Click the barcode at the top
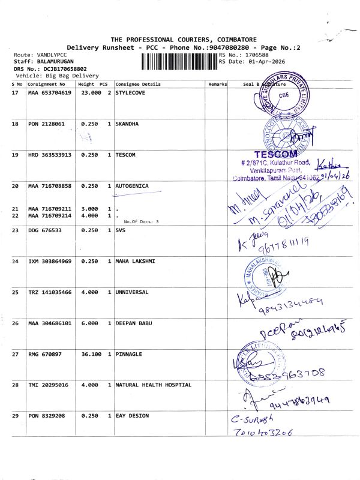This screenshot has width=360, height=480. [179, 61]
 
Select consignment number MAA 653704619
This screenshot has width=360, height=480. [50, 93]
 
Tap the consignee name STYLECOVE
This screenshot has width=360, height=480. [131, 93]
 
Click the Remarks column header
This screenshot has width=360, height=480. [217, 85]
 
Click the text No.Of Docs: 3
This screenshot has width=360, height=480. [141, 222]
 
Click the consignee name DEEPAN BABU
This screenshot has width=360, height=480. [133, 323]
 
